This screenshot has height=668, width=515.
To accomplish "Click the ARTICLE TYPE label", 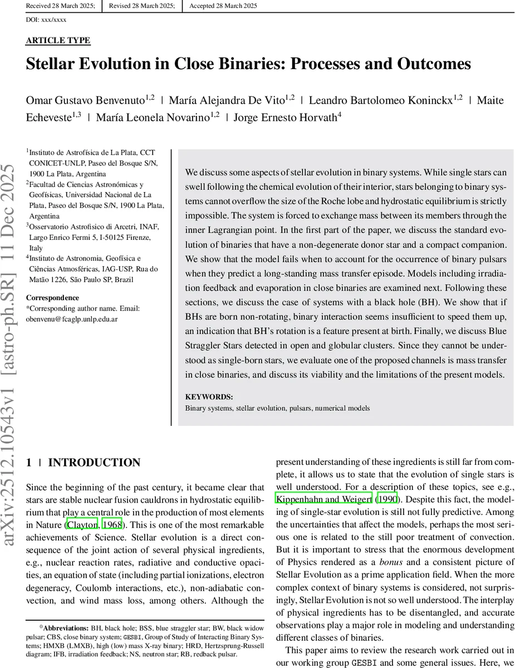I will click(x=58, y=41).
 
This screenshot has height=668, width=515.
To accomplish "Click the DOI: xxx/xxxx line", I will click(x=46, y=19).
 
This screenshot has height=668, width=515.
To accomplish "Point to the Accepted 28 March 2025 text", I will click(x=223, y=6).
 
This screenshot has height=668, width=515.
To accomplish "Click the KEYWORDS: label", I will click(x=209, y=397).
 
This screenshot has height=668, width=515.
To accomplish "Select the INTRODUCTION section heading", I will click(x=94, y=463).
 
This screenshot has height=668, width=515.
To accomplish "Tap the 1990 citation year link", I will click(x=388, y=499).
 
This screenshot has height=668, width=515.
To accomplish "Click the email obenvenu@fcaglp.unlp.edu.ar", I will click(x=72, y=319).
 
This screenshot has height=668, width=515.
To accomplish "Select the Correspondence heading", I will click(x=52, y=298).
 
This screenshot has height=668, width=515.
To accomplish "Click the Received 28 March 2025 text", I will click(x=60, y=6).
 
